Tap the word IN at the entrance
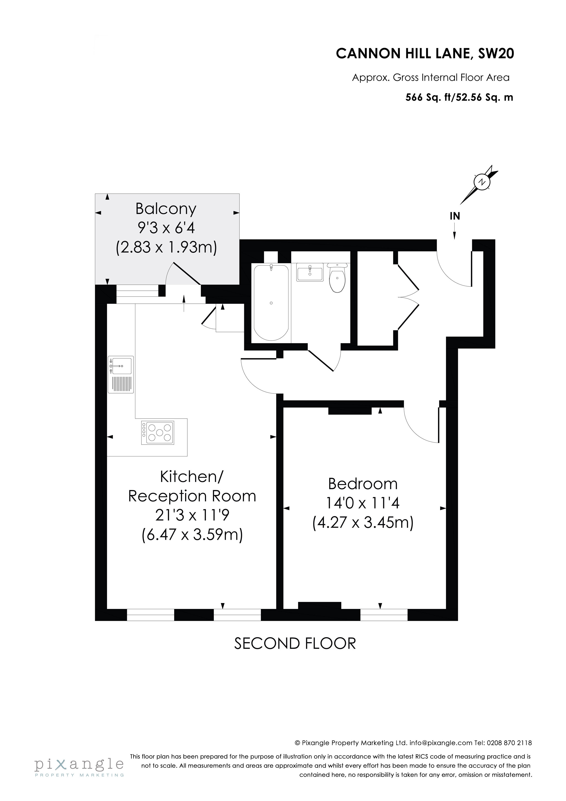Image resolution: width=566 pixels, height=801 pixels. coord(455,216)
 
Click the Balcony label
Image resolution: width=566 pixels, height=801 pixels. coord(166,209)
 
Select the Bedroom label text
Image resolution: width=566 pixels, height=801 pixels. coord(363,484)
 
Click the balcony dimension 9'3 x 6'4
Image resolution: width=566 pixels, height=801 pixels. coord(166,228)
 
